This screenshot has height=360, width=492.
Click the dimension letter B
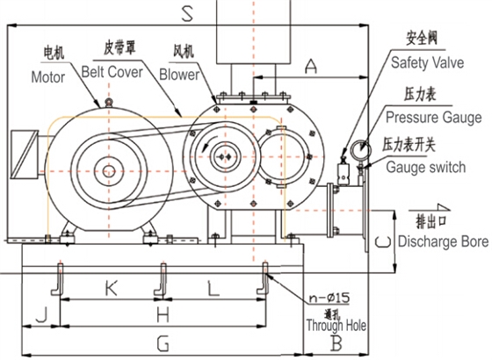[334, 342]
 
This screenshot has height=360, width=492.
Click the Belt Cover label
[119, 69]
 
